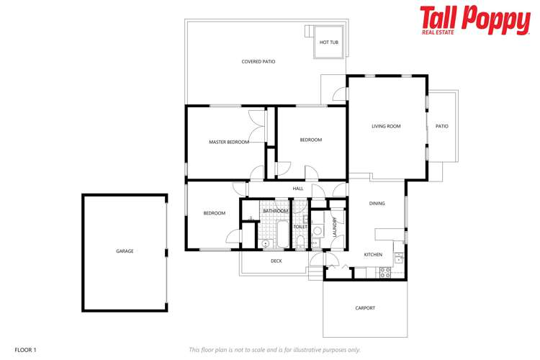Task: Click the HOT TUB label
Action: [x=329, y=42]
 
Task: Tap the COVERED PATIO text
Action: [x=258, y=62]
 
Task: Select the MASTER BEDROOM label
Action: [x=229, y=142]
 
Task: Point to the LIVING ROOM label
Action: [x=386, y=127]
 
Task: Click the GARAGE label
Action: [x=125, y=251]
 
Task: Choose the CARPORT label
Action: [x=365, y=308]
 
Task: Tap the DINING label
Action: [x=377, y=204]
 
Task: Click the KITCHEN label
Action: [x=373, y=255]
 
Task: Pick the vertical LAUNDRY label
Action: [x=334, y=228]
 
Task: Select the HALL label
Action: [x=298, y=189]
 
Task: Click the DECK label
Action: [x=276, y=261]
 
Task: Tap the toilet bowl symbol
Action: [x=300, y=240]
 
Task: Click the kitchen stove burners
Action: [x=384, y=271]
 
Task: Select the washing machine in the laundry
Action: [x=318, y=231]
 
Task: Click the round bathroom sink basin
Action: [x=266, y=243]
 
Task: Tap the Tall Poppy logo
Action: [x=474, y=20]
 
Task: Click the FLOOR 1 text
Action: [x=25, y=350]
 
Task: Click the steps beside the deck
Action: [x=315, y=274]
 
